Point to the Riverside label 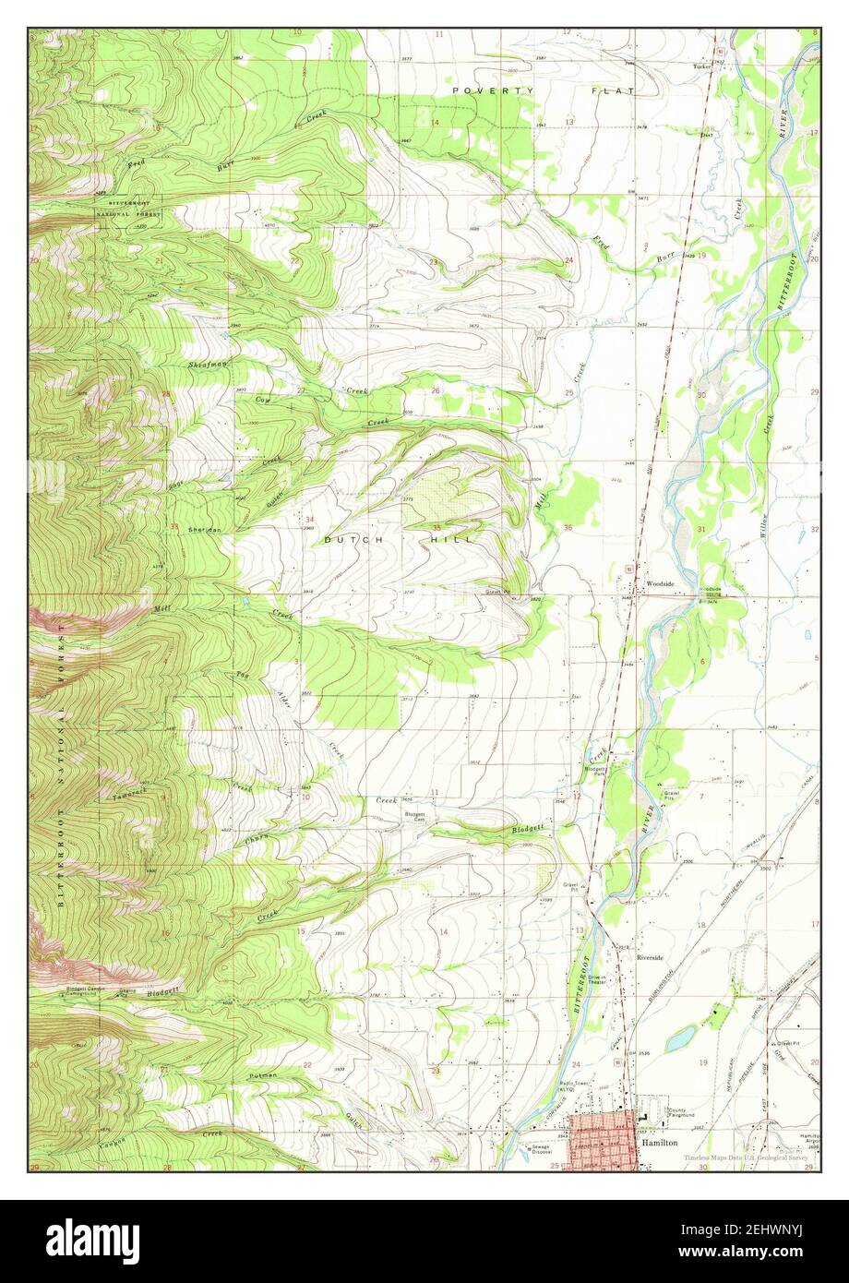pyautogui.click(x=650, y=957)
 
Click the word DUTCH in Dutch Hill pyautogui.click(x=347, y=539)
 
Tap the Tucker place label pyautogui.click(x=704, y=66)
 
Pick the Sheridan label pyautogui.click(x=203, y=530)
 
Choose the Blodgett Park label pyautogui.click(x=592, y=771)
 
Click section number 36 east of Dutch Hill pyautogui.click(x=568, y=528)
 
